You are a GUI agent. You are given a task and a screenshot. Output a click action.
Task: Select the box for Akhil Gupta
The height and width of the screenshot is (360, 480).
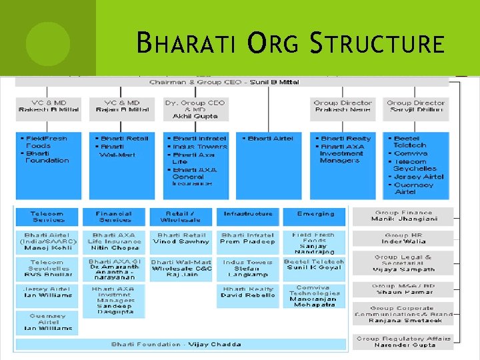[195, 109]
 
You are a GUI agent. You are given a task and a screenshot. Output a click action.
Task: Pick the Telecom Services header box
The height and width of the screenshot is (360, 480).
[47, 217]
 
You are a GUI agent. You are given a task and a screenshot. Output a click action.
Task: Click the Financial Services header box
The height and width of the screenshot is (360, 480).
[115, 217]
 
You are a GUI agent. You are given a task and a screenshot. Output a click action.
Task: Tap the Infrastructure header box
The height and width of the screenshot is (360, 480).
[248, 215]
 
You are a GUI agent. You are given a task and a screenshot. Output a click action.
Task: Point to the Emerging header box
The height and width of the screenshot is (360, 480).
[315, 215]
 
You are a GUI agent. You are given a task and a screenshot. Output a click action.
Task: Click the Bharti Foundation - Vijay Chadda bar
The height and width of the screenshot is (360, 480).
[181, 344]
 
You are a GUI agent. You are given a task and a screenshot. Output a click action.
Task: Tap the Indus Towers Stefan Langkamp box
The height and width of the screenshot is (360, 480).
[248, 269]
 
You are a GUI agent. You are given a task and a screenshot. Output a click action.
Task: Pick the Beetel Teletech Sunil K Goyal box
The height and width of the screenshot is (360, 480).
[314, 265]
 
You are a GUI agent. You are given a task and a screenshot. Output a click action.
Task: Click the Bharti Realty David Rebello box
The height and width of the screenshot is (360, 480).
[248, 293]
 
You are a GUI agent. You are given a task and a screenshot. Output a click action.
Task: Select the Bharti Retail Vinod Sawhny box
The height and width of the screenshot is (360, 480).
[181, 239]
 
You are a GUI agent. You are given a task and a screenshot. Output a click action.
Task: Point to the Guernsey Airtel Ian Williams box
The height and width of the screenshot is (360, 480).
[47, 324]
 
